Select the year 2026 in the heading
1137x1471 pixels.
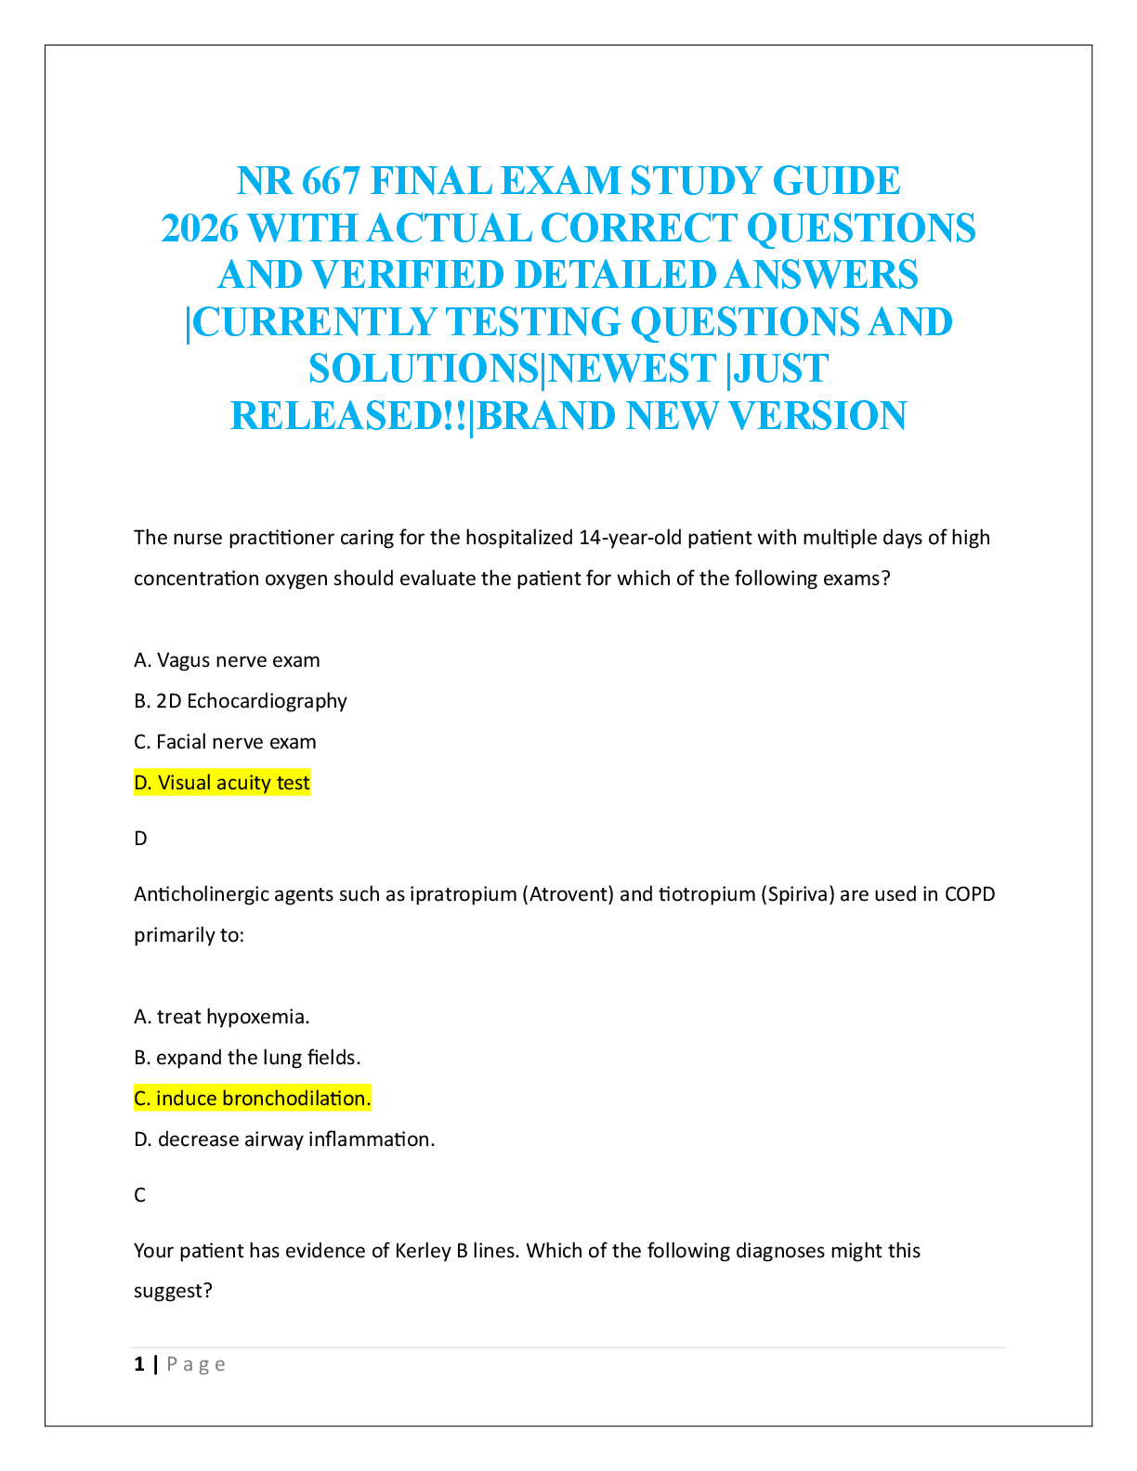[x=199, y=228]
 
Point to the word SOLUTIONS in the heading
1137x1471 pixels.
[x=424, y=369]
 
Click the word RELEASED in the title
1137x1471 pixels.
[x=337, y=416]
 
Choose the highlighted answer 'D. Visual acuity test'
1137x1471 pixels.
[x=222, y=783]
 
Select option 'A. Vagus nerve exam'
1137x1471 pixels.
[x=227, y=660]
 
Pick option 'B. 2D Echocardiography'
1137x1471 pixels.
[x=241, y=701]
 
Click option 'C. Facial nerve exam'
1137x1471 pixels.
[x=225, y=742]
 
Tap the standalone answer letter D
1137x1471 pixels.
[x=140, y=839]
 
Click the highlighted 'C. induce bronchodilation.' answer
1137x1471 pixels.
[x=253, y=1099]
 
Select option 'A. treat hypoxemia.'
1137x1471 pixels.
[x=222, y=1017]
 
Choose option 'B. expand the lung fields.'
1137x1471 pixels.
[x=247, y=1058]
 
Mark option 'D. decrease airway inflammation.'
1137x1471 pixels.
[x=284, y=1139]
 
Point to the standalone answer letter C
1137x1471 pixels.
[x=140, y=1195]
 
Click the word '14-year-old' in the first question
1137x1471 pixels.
[x=630, y=538]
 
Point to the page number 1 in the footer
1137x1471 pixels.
[x=139, y=1364]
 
